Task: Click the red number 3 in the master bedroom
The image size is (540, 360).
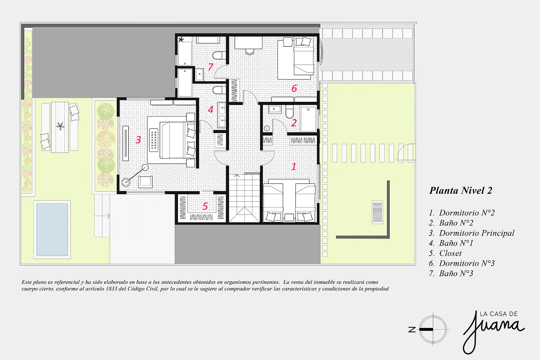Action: [x=138, y=140]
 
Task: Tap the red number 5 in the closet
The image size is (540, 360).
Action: [x=205, y=206]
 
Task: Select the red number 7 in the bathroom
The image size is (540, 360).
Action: [x=211, y=67]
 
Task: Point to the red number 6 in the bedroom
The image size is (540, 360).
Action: [x=294, y=88]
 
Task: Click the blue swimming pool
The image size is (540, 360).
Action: [x=52, y=229]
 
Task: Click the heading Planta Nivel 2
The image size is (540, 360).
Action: [x=461, y=191]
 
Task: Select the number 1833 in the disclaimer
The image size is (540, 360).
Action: [x=111, y=289]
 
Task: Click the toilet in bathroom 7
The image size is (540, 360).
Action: [x=219, y=55]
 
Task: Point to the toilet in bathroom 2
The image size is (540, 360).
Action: [x=289, y=113]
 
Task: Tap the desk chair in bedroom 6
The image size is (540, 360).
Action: [x=249, y=51]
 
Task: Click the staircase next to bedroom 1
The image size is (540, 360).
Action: [x=244, y=198]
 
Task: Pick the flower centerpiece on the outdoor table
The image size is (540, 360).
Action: [x=60, y=126]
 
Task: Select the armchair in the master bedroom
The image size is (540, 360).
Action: [x=145, y=182]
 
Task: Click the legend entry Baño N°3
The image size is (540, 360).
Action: [x=451, y=274]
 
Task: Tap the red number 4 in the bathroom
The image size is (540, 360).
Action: [x=211, y=110]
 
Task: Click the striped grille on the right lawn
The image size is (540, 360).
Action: [x=377, y=212]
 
